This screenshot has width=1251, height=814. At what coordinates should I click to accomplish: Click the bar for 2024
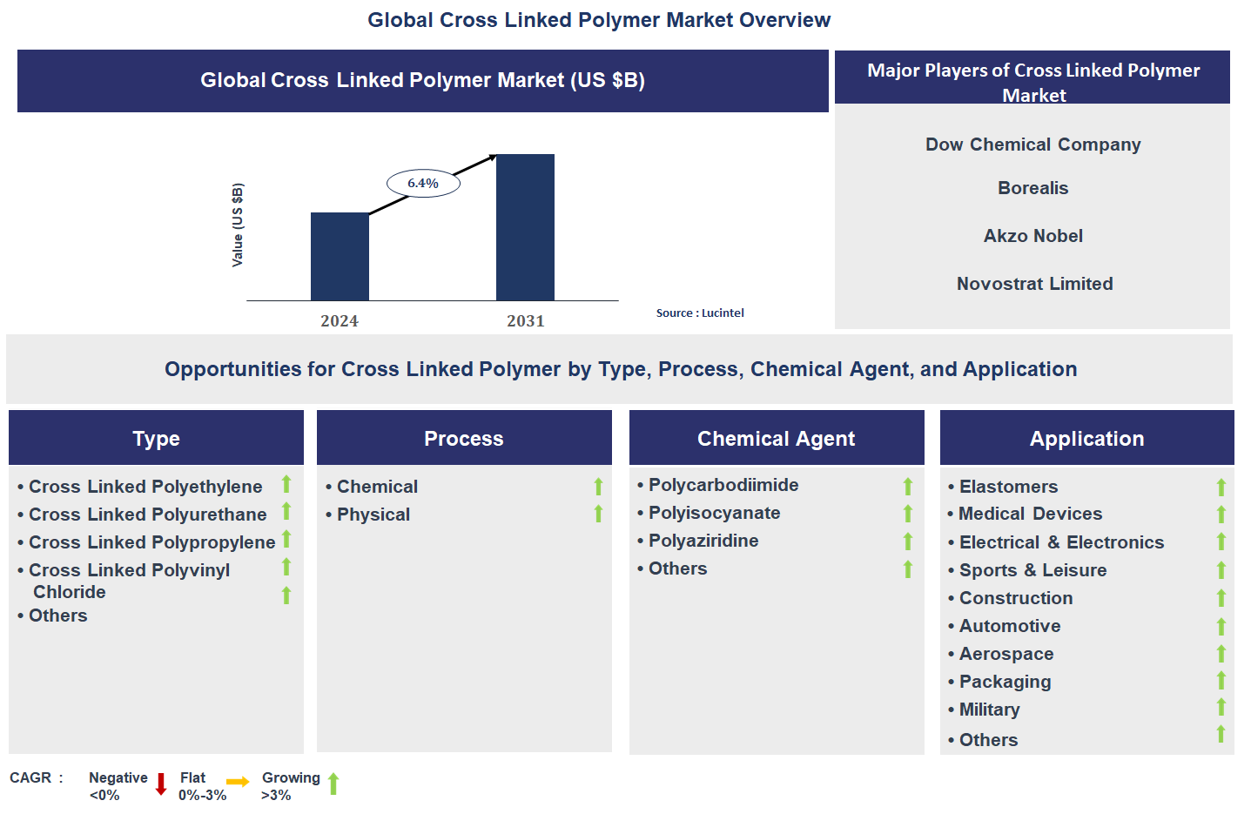(340, 257)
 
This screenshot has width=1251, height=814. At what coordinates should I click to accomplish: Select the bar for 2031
(525, 227)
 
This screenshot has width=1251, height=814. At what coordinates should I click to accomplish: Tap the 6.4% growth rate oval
(423, 183)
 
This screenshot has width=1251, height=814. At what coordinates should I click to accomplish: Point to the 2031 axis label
(525, 320)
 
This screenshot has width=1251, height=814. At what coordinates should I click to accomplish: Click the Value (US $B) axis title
(238, 225)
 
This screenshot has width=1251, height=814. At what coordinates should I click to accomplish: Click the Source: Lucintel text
(699, 313)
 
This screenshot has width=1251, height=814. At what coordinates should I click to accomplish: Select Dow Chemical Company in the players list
(1032, 145)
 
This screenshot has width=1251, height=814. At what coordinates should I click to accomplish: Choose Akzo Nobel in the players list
(1032, 236)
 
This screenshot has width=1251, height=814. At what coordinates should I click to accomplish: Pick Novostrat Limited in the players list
(1034, 284)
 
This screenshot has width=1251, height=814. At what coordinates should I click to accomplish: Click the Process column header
(463, 439)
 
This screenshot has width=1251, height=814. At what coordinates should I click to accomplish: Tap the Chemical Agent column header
(776, 439)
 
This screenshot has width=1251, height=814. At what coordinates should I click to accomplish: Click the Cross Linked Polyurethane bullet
(147, 515)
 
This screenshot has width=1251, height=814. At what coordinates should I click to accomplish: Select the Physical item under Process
(373, 515)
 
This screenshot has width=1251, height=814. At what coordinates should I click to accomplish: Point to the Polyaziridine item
(703, 541)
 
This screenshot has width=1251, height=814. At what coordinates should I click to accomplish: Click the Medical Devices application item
(1030, 514)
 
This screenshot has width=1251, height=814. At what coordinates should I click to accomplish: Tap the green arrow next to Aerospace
(1221, 654)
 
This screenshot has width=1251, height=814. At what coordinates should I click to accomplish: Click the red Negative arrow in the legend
(161, 784)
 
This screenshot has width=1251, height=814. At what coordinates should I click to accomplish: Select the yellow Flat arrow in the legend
(238, 782)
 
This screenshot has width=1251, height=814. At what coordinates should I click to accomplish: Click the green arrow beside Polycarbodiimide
(908, 487)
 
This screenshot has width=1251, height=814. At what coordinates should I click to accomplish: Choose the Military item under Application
(989, 710)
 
